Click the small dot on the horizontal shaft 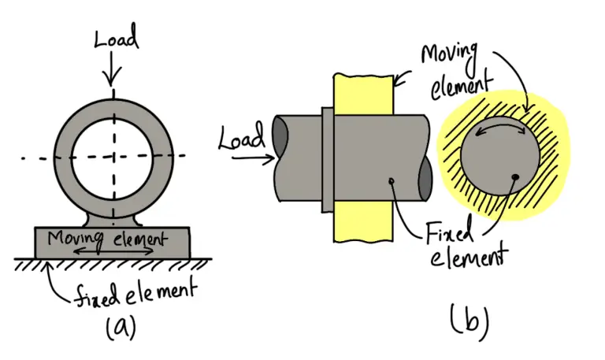point(392,183)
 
